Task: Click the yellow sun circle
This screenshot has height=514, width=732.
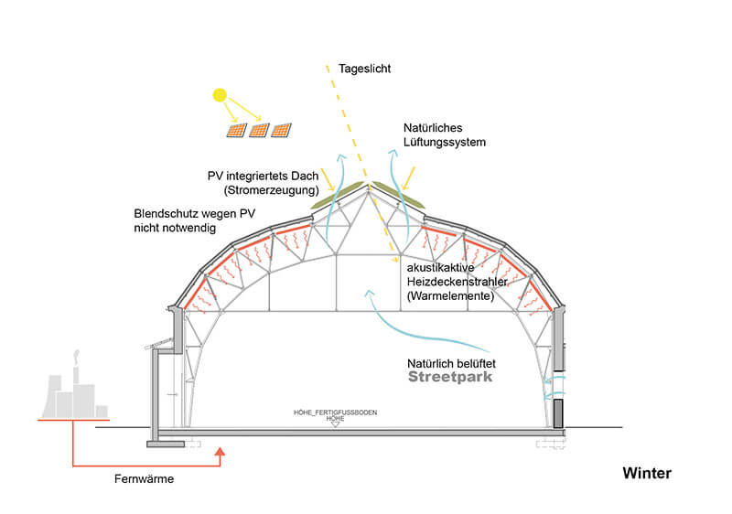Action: click(220, 93)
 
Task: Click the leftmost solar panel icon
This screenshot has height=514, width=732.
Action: click(236, 132)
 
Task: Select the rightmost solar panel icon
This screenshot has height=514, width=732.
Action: click(282, 131)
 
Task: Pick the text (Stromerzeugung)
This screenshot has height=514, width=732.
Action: click(274, 190)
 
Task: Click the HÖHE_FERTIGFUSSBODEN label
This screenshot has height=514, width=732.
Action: click(335, 412)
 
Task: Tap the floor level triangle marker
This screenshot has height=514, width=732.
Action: click(335, 424)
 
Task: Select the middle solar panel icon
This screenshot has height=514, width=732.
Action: click(259, 132)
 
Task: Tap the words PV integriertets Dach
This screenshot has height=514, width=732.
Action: click(263, 176)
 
